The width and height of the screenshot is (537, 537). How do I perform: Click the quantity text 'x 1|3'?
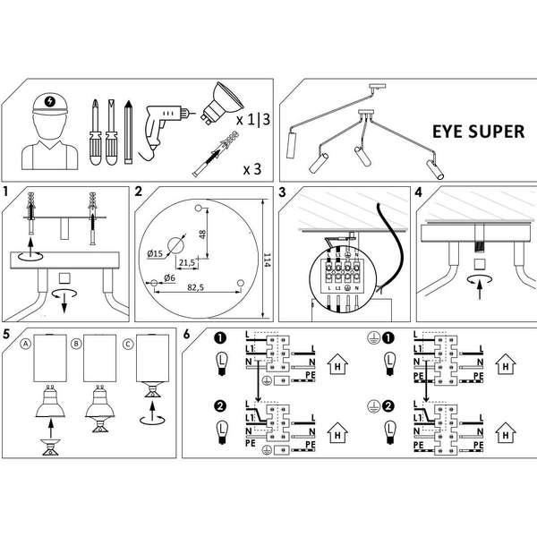pos(253,120)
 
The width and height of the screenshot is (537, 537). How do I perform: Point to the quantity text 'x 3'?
pos(254,167)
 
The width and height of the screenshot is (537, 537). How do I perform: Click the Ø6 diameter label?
pos(162,280)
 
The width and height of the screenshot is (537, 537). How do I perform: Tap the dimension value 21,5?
pos(188,262)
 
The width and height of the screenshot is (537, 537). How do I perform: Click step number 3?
pos(283,192)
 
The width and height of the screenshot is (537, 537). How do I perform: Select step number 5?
pos(7,335)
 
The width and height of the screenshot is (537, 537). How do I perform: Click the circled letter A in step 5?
pos(26,343)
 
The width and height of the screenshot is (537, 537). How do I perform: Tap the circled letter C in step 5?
pos(129,343)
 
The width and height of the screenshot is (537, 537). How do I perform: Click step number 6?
pos(187,335)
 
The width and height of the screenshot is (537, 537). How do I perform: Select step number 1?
pos(7,192)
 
